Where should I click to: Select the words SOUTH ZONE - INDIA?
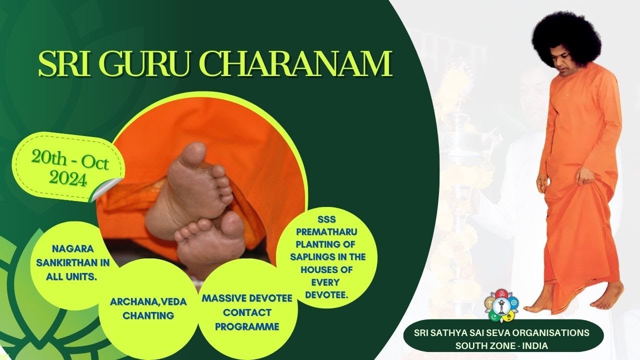point(502,345)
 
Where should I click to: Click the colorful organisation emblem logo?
point(502,305)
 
